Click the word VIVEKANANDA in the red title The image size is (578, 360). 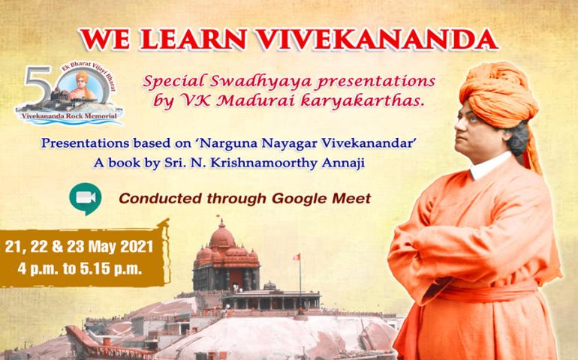pos(377,40)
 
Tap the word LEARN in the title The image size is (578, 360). pos(192,40)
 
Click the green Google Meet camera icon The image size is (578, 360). pos(85,199)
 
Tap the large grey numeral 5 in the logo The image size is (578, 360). pos(38,85)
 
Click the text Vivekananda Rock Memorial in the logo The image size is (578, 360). pos(69,116)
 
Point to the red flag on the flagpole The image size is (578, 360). pos(297,256)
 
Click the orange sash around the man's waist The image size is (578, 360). pos(483,289)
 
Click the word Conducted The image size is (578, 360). pos(161,199)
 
